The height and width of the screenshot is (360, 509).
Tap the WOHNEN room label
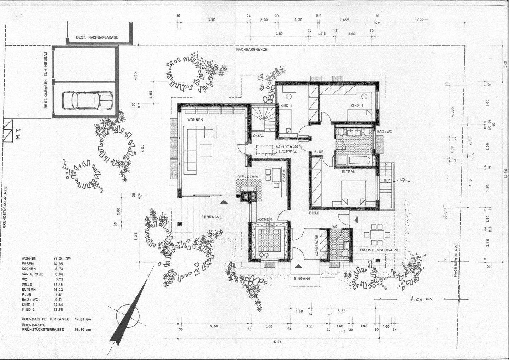pos(195,120)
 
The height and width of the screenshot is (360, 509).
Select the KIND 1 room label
pos(286,106)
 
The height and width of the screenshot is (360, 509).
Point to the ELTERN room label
pos(348,172)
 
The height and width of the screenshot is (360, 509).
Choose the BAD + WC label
pos(384,132)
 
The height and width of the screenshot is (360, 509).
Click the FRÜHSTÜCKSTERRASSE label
pos(379,250)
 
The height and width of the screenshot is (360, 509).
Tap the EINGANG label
pos(302,279)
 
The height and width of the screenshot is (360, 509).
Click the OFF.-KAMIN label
pos(247,177)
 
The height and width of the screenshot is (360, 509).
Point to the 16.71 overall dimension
pos(277,342)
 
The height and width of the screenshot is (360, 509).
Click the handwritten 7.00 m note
pos(421,299)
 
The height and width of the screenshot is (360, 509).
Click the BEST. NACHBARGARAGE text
pos(97,37)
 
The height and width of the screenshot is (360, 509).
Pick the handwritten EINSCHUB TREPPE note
pos(286,148)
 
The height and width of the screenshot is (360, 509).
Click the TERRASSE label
pos(212,217)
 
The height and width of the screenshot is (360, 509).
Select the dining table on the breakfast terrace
pos(377,234)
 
